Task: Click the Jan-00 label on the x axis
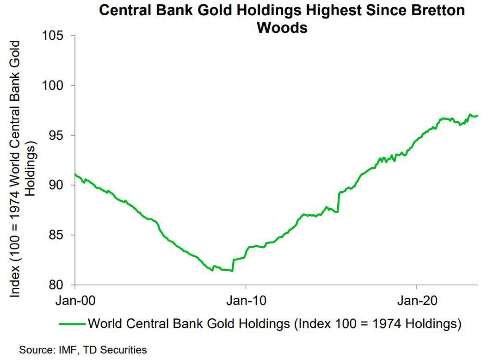click(x=75, y=299)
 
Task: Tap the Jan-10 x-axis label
click(x=246, y=299)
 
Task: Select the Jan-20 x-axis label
click(x=417, y=299)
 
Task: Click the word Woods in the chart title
click(x=282, y=28)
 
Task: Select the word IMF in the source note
click(x=63, y=349)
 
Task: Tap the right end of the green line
click(x=477, y=116)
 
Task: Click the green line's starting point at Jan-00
click(x=75, y=174)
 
